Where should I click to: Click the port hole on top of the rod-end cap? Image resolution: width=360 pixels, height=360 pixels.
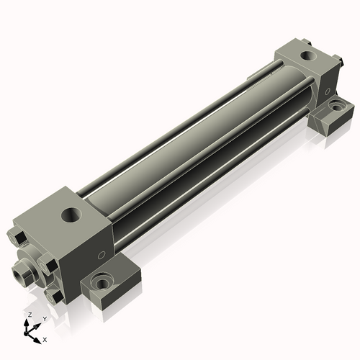click(71, 215)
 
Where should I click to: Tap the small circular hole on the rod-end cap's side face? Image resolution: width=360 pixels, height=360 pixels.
click(102, 255)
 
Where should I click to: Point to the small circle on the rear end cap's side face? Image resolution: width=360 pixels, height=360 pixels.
click(327, 91)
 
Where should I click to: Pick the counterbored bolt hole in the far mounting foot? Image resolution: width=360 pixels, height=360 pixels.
click(338, 106)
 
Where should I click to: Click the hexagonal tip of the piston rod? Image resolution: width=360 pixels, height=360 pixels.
click(22, 273)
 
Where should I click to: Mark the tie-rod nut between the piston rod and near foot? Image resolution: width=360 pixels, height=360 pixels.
click(48, 264)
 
